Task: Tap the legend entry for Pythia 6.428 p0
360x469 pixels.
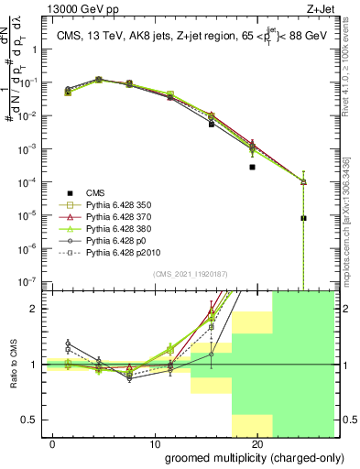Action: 118,239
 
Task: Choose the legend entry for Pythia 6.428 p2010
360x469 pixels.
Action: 124,251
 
